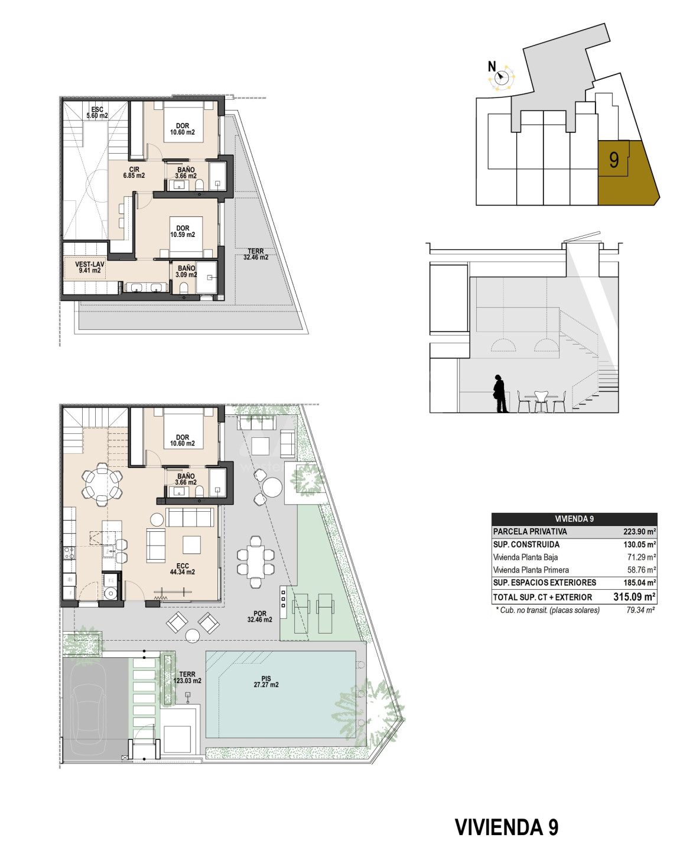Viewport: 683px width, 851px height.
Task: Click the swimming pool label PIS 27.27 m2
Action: [x=266, y=682]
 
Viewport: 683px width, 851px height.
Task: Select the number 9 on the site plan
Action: [x=613, y=160]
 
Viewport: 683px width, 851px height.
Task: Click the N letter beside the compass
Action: [x=492, y=66]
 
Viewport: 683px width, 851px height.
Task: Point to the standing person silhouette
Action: [x=500, y=394]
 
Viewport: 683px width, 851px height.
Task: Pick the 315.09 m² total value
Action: [x=635, y=597]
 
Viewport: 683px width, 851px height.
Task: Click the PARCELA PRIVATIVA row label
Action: [x=530, y=531]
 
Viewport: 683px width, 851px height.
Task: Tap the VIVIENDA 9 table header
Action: [x=574, y=519]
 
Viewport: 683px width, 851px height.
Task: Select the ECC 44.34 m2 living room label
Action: [x=183, y=569]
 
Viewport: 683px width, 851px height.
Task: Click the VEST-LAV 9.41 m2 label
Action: [x=90, y=267]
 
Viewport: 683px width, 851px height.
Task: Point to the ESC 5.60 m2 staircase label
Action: [x=97, y=113]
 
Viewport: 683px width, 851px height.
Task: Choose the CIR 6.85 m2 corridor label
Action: [x=134, y=173]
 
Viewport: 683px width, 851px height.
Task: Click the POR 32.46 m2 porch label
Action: [x=260, y=616]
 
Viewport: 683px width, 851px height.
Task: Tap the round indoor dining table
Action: [x=102, y=485]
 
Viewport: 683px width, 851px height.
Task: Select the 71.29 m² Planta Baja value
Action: [x=642, y=557]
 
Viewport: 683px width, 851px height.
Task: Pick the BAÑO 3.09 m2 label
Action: [x=186, y=271]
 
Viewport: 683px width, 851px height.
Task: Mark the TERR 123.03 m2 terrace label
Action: [x=187, y=677]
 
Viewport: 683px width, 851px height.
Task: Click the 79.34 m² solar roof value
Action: [x=640, y=610]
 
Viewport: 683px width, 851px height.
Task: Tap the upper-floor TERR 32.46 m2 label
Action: [x=256, y=254]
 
